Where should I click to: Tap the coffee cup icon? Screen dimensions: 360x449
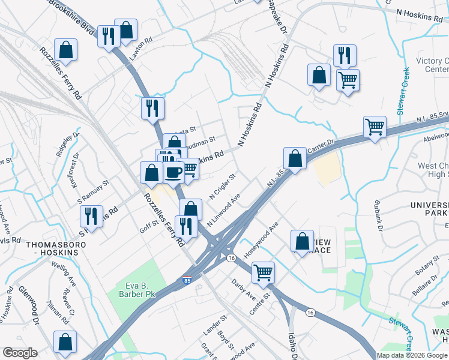click(174, 172)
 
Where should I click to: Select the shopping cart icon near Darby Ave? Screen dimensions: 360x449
click(263, 272)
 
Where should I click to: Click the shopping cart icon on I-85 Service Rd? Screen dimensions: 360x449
click(375, 126)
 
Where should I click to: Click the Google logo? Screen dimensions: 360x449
click(20, 353)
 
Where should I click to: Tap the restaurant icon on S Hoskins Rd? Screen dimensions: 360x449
click(91, 216)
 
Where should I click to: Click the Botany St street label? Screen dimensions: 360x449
click(427, 265)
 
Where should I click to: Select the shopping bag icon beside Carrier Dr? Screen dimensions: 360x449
click(295, 158)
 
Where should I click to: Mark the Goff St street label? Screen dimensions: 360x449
click(148, 225)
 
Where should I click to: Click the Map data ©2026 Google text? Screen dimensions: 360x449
click(412, 355)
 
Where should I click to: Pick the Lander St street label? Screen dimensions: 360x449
click(214, 326)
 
